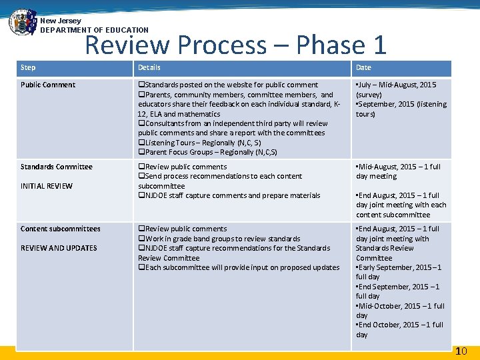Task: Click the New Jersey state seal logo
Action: coord(22,22)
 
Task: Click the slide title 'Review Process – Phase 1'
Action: coord(236,45)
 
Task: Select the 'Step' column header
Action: coord(28,67)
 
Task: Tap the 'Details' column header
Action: coord(149,67)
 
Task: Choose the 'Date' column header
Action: coord(363,67)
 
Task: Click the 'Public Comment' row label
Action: coord(48,85)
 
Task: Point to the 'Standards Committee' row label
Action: coord(57,167)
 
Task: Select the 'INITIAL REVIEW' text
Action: coord(47,186)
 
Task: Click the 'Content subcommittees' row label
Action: coord(61,229)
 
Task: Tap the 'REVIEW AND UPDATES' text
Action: coord(59,248)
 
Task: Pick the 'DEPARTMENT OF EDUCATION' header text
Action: coord(94,30)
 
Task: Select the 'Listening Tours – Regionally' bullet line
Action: coord(199,143)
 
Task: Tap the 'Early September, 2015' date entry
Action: coord(399,272)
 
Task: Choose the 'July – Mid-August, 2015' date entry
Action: coord(396,89)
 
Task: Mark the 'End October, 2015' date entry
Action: coord(399,329)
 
